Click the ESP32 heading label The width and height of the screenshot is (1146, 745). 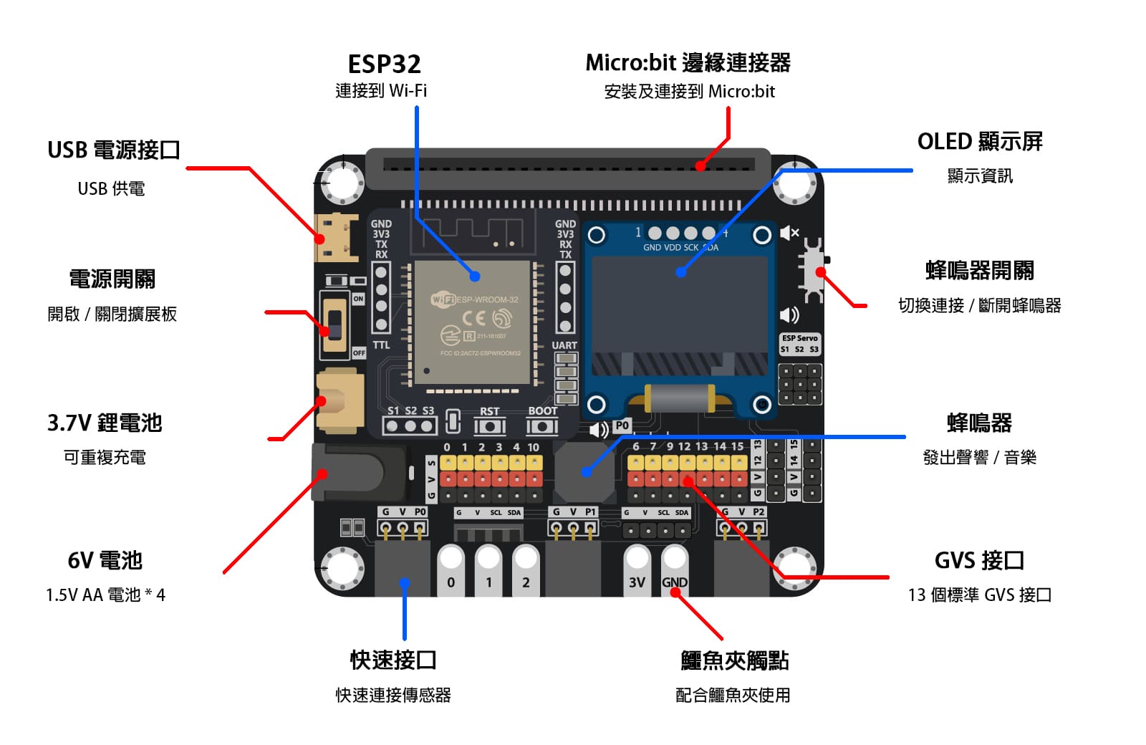coord(384,64)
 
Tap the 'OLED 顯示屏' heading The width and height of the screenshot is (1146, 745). coord(979,142)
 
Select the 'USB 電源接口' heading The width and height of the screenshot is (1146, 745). coord(113,150)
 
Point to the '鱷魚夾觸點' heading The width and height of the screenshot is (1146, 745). coord(734,660)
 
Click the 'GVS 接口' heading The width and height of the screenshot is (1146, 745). coord(979,560)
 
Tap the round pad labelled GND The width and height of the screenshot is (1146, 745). coord(674,570)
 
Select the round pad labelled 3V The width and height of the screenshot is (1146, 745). coord(637,570)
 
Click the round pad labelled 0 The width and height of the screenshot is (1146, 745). coord(451,570)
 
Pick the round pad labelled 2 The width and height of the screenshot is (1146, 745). coord(526,570)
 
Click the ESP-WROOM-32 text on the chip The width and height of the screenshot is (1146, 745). coord(487,299)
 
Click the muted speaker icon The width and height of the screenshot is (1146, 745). coord(789,233)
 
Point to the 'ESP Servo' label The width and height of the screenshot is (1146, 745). coord(799,338)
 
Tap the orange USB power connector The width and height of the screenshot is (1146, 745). coord(336,239)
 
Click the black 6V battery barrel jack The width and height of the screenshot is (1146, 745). coord(351,472)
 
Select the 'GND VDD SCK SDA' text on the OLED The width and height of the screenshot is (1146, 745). coord(680,248)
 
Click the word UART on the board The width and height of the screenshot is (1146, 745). coord(564,345)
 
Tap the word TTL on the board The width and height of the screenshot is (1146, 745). coord(381,345)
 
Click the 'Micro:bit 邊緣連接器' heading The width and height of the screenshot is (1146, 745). coord(688,63)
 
